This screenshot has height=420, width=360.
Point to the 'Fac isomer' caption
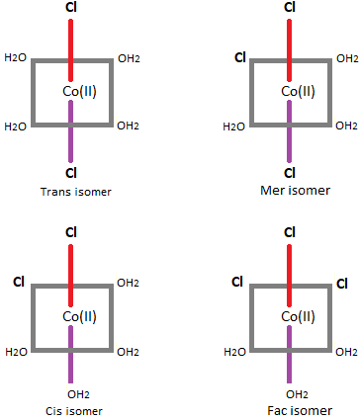click(290, 410)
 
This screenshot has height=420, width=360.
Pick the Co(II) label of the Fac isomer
click(298, 316)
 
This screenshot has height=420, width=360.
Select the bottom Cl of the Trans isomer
click(70, 174)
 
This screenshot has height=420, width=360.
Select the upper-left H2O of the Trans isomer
click(16, 58)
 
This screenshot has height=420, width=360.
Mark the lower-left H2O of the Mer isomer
click(234, 126)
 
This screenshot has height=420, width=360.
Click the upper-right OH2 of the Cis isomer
click(128, 284)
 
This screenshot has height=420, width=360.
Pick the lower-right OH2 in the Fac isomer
click(346, 352)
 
